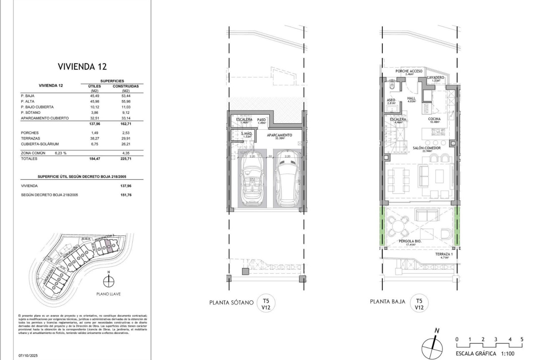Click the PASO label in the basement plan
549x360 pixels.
pyautogui.click(x=262, y=120)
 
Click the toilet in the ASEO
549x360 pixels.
pyautogui.click(x=391, y=86)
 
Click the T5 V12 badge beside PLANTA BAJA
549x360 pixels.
pyautogui.click(x=420, y=303)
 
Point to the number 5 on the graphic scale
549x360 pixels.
pyautogui.click(x=522, y=339)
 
